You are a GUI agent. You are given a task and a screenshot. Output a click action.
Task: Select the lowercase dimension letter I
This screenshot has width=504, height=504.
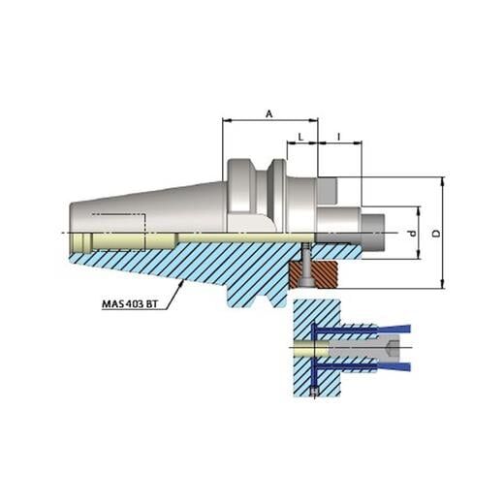point(338,137)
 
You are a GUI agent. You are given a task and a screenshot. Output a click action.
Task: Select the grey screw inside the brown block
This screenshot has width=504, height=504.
point(304,269)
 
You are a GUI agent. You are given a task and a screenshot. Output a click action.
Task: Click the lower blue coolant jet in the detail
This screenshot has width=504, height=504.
point(388,364)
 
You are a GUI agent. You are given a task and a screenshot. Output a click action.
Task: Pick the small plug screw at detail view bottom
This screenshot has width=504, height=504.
point(315,391)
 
